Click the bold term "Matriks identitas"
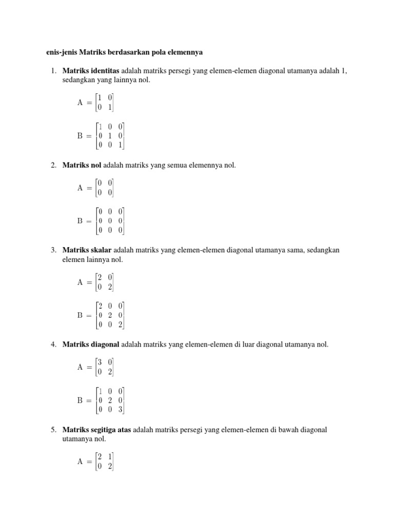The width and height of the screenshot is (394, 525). [91, 71]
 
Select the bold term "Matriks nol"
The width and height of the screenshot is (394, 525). [82, 166]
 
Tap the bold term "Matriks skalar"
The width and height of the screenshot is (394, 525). [87, 250]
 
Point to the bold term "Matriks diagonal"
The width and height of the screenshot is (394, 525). [91, 345]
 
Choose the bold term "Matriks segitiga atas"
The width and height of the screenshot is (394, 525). [97, 430]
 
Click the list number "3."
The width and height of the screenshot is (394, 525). [53, 250]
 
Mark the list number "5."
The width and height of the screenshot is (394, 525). [53, 430]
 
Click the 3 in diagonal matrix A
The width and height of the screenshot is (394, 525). [100, 362]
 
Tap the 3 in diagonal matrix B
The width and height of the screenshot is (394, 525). [121, 409]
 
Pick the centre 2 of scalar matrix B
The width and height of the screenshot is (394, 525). [110, 315]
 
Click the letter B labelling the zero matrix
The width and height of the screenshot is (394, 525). [80, 221]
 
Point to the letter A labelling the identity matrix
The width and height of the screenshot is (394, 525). [80, 102]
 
